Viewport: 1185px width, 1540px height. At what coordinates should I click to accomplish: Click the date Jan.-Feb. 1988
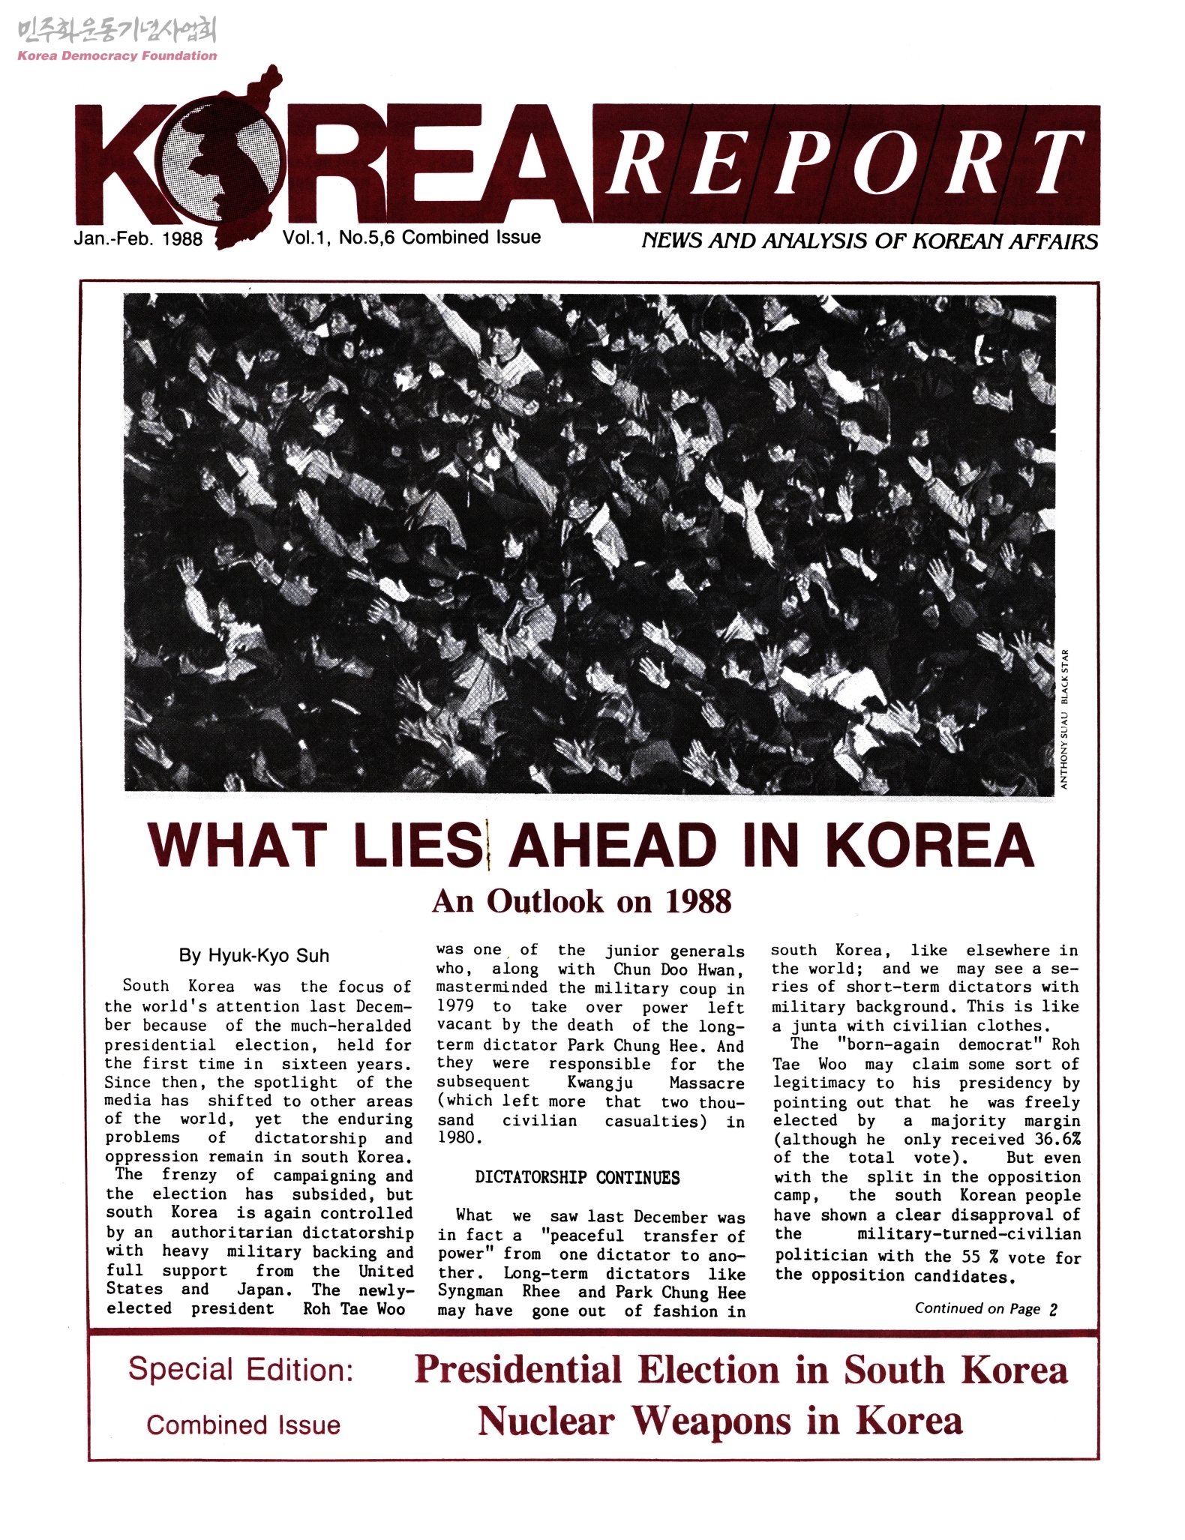click(138, 238)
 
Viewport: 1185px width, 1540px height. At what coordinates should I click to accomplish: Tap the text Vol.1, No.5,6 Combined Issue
click(411, 238)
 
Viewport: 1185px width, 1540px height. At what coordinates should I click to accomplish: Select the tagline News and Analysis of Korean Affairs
click(869, 241)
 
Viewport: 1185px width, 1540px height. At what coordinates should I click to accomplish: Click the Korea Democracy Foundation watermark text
click(117, 55)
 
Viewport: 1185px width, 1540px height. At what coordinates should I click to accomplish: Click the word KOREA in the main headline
click(929, 846)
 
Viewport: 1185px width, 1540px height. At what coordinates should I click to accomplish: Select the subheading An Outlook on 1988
click(581, 901)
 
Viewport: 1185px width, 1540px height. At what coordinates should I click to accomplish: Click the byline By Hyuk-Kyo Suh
click(253, 955)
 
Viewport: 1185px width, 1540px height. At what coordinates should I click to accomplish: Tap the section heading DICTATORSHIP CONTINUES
click(577, 1178)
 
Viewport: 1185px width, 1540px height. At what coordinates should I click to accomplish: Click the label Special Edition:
click(241, 1369)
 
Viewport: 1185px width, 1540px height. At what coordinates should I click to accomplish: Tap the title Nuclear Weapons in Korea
click(719, 1420)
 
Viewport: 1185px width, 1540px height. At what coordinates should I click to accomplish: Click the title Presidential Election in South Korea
click(740, 1369)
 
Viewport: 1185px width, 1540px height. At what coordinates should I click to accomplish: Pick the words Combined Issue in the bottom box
click(243, 1425)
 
